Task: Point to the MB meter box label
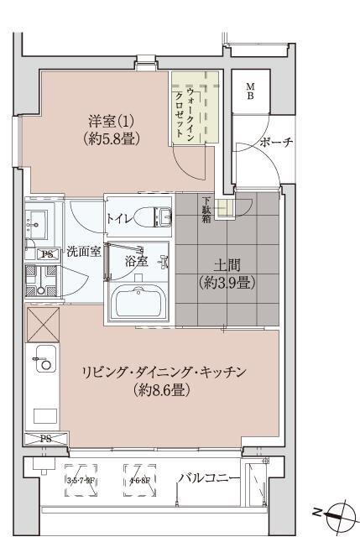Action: point(251,91)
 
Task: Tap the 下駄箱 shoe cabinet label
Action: point(206,210)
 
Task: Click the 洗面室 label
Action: point(84,250)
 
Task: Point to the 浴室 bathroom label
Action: point(136,261)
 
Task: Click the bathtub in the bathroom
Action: point(138,302)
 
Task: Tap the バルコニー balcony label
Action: point(209,478)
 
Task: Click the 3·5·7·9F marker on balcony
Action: point(82,481)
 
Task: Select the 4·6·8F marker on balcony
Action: point(139,481)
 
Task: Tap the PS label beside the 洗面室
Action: point(45,253)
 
